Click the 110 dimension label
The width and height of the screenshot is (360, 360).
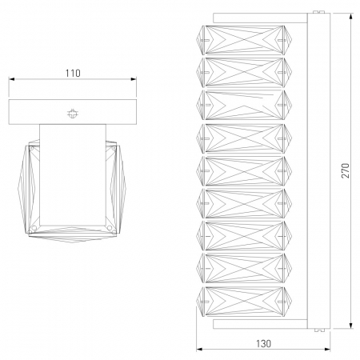point(73,73)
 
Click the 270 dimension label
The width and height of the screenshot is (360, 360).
point(346,170)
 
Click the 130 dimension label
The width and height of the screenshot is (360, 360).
point(263,343)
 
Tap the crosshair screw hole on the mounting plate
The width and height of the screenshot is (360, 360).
point(73,114)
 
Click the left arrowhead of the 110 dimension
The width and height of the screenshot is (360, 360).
point(11,79)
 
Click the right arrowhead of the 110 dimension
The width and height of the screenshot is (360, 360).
point(134,79)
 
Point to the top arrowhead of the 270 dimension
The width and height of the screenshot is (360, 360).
point(351,16)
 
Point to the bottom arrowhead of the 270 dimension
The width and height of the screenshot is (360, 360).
point(351,326)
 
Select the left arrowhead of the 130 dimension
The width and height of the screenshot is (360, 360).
point(199,349)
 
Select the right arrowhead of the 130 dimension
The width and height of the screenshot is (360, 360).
point(327,349)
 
